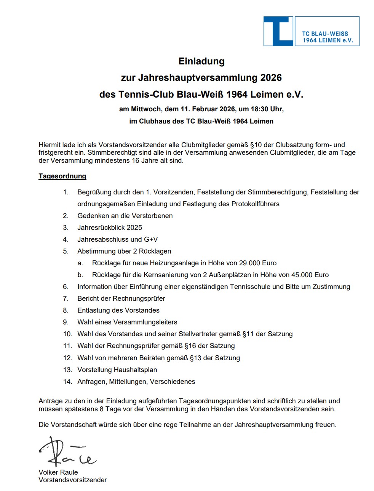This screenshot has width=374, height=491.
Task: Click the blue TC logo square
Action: (278, 31)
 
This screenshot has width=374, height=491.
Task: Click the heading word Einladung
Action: (201, 61)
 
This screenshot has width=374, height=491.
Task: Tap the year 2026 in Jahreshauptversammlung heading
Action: (271, 78)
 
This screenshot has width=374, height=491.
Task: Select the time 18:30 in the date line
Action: (259, 109)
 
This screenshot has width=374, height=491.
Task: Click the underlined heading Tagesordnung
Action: (62, 176)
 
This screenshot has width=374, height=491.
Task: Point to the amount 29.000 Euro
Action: (258, 263)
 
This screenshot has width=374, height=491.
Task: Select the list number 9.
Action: (66, 322)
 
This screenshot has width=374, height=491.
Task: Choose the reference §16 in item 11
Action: (191, 346)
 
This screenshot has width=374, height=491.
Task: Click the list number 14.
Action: (67, 382)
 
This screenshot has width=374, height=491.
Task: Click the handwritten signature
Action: (67, 452)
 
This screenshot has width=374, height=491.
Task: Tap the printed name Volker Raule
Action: (58, 472)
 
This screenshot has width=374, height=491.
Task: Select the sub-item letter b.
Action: (80, 275)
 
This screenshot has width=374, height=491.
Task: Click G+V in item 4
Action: (151, 239)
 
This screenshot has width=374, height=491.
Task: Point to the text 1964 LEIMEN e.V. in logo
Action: (328, 40)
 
